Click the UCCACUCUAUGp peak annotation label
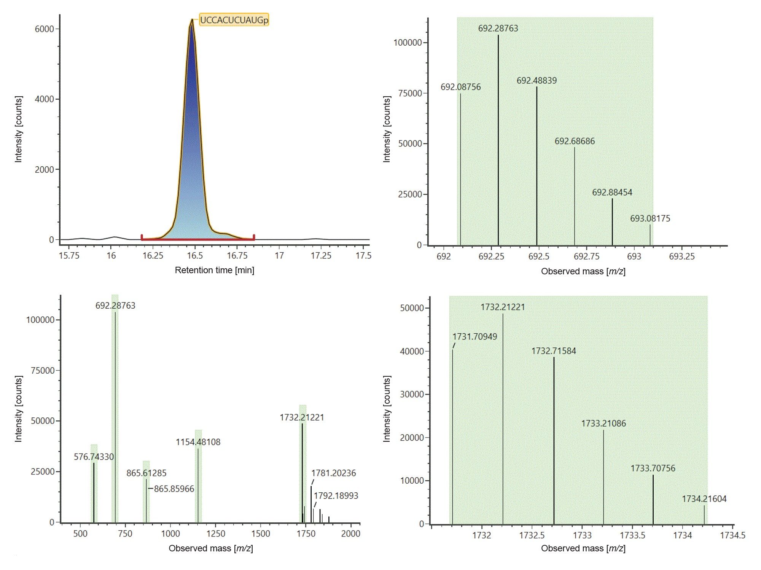[234, 20]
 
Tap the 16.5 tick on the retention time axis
[195, 256]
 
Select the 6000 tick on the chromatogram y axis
[44, 29]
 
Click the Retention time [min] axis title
[214, 270]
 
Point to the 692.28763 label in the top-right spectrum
[498, 28]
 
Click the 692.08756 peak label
[460, 87]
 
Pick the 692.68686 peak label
[575, 141]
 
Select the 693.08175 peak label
[650, 218]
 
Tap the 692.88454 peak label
[612, 193]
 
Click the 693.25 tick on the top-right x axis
[681, 256]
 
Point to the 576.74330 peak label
[94, 457]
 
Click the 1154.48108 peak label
[198, 442]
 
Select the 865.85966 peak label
[174, 489]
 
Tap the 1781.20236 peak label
[333, 473]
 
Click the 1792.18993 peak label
[336, 496]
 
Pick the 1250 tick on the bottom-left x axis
[216, 534]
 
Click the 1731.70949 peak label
[474, 337]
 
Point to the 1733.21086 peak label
[603, 424]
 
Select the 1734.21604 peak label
[704, 499]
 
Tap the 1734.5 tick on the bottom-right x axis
[732, 535]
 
